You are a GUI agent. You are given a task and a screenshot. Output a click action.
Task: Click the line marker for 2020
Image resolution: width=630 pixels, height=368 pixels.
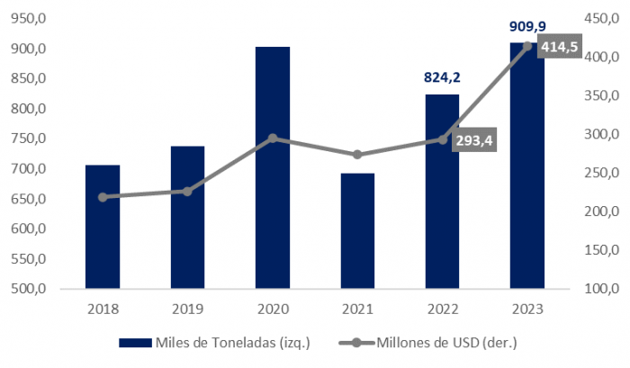273,139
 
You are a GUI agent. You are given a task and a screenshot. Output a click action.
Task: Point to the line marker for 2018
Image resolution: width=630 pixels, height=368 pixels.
103,197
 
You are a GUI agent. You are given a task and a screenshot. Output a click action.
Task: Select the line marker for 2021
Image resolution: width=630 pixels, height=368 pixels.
357,155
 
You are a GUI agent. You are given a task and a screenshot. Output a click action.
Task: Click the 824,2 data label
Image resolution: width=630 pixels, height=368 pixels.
442,78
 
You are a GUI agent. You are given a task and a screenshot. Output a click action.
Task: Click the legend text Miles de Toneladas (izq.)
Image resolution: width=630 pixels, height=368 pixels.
222,343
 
